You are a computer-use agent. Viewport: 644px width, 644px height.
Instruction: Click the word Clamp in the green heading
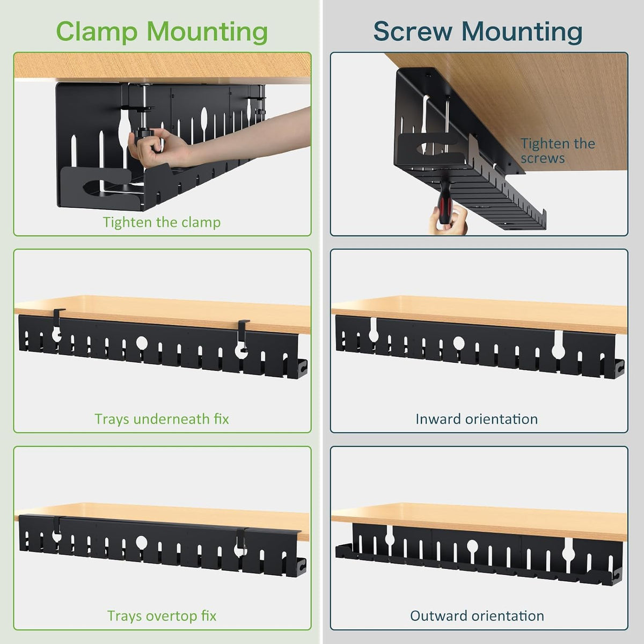[97, 32]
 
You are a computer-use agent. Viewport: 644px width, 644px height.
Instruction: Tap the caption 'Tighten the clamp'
[162, 222]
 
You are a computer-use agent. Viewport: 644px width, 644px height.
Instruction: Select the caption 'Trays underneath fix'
[162, 419]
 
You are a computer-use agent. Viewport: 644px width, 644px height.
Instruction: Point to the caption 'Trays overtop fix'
[162, 616]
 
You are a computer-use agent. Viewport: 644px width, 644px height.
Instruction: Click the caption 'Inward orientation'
[477, 419]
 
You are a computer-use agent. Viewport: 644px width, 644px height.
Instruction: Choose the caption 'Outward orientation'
[477, 616]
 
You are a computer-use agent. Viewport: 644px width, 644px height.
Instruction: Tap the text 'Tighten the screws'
[558, 151]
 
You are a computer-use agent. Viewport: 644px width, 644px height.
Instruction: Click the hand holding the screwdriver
[448, 220]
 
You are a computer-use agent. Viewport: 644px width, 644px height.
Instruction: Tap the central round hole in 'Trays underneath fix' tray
[142, 342]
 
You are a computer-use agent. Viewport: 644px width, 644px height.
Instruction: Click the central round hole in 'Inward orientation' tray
[458, 342]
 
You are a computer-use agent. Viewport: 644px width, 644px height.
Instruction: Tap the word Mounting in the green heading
[207, 32]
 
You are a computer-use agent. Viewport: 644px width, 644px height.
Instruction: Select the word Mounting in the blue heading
[522, 32]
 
